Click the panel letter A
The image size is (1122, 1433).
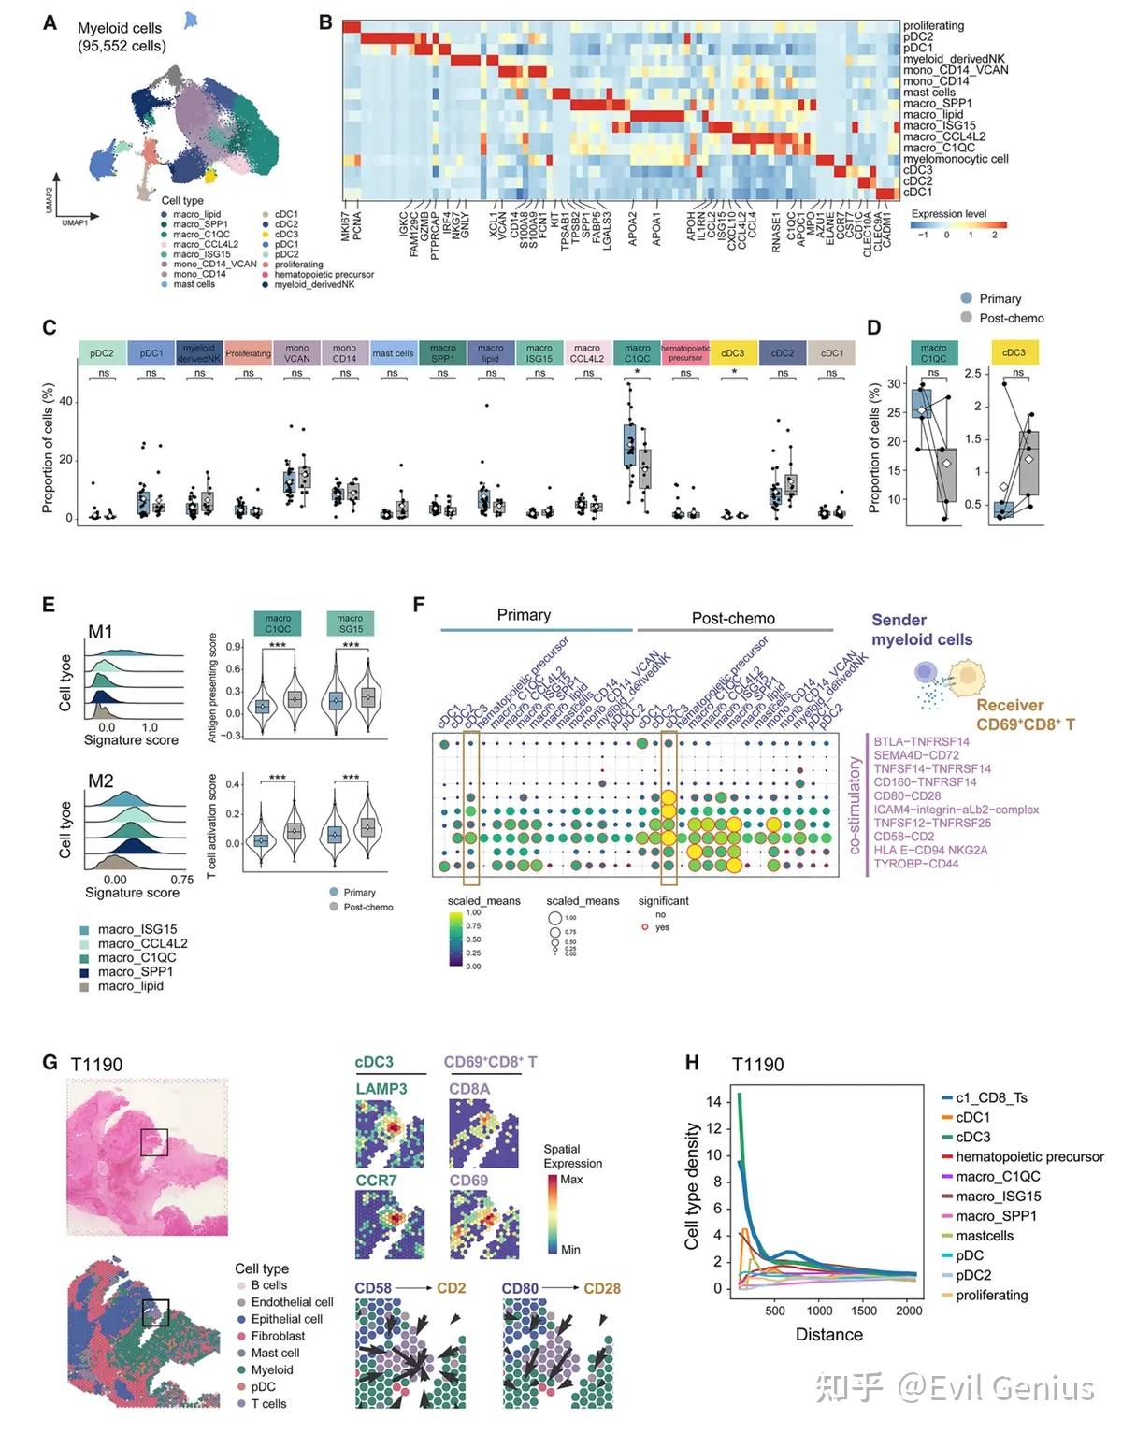(x=50, y=22)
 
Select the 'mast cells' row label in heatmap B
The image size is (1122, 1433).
(x=929, y=93)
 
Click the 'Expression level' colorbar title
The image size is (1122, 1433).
(x=949, y=214)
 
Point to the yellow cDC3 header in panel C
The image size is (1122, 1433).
(x=734, y=353)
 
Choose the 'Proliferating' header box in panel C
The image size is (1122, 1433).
(x=248, y=353)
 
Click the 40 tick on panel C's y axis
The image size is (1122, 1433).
(x=65, y=402)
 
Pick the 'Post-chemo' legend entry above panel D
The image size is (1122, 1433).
(x=1012, y=318)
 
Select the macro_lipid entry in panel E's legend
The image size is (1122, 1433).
(x=130, y=986)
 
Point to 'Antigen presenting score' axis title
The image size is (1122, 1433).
(x=212, y=688)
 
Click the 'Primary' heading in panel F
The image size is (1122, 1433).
(x=524, y=615)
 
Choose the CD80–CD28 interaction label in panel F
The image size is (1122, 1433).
(x=907, y=796)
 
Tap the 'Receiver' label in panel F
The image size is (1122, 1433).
(x=1010, y=706)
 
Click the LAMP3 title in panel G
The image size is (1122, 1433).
(x=381, y=1089)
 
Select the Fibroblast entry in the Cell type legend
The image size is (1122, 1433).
(x=278, y=1337)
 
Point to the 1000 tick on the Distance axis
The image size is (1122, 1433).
(x=820, y=1311)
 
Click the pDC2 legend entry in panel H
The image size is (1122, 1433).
(x=973, y=1275)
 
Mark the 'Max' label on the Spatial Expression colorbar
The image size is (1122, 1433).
(x=571, y=1180)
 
